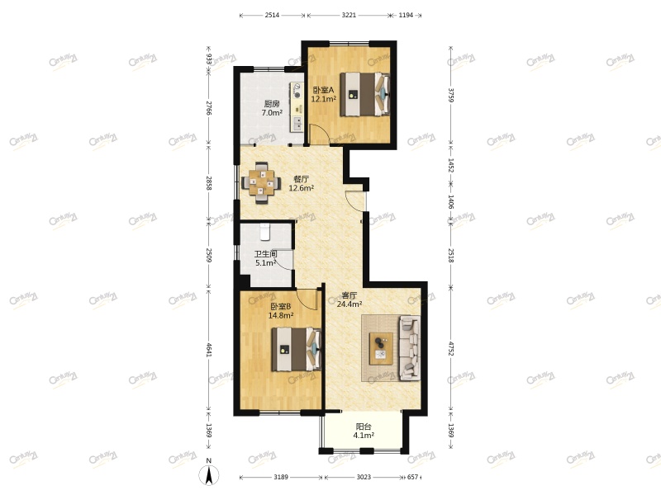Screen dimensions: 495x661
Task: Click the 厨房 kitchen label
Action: [x=272, y=104]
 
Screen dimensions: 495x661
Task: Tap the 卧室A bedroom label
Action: [x=322, y=90]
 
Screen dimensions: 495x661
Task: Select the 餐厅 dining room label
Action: [x=301, y=179]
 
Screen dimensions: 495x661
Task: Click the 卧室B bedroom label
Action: [x=280, y=306]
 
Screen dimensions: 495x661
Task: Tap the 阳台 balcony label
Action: [x=364, y=427]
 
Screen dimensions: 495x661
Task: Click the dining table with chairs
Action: [x=262, y=181]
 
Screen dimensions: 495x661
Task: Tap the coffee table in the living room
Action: [x=381, y=348]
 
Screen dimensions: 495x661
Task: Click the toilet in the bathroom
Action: [x=266, y=232]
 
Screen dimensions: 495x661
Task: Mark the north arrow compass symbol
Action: [x=210, y=473]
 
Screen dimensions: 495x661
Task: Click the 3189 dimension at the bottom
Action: [x=282, y=478]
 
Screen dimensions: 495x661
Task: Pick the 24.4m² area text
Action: [x=350, y=304]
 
